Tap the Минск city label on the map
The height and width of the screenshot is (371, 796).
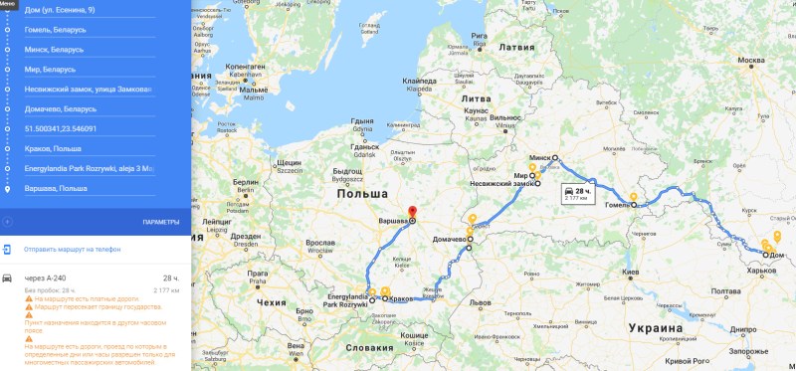coord(540,157)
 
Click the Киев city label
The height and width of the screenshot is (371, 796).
coord(629,271)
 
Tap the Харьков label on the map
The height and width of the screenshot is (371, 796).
coord(760,270)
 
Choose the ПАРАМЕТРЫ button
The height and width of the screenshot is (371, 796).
coord(160,221)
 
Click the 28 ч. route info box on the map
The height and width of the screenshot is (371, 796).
coord(577,193)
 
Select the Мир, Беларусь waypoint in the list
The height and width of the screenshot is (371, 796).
coord(50,69)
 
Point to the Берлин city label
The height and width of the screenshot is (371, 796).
coord(246,182)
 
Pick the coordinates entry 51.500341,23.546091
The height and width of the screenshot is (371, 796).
coord(60,128)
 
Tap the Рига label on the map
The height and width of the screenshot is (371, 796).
coord(480,36)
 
